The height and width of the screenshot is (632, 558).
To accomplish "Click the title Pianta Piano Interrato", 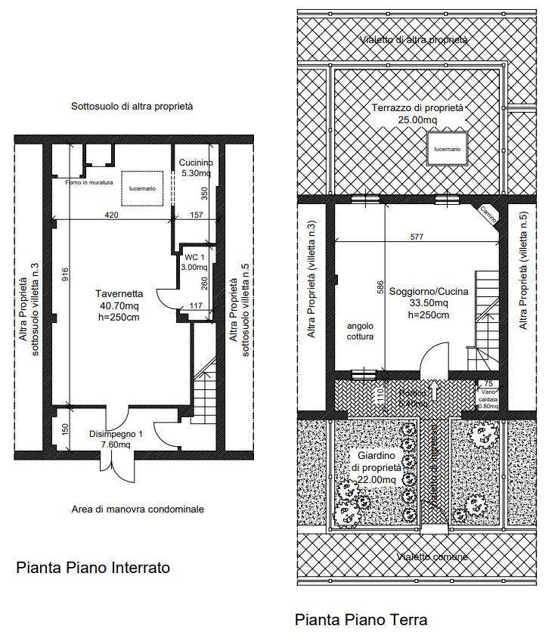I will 93,567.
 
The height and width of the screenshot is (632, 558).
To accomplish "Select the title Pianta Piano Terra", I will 361,620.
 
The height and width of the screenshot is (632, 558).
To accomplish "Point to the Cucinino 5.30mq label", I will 196,168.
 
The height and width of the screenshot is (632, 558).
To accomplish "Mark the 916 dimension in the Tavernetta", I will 66,277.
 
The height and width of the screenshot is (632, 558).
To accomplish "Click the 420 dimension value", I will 111,215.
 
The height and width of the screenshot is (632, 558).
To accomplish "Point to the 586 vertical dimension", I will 381,288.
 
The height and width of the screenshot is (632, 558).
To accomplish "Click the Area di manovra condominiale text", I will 138,510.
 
